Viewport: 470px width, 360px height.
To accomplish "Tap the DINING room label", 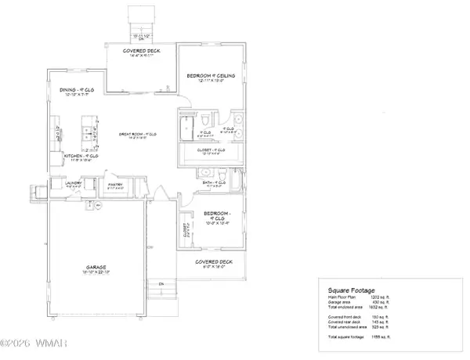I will click(76, 90).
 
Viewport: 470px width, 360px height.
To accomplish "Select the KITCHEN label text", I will click(81, 157).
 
